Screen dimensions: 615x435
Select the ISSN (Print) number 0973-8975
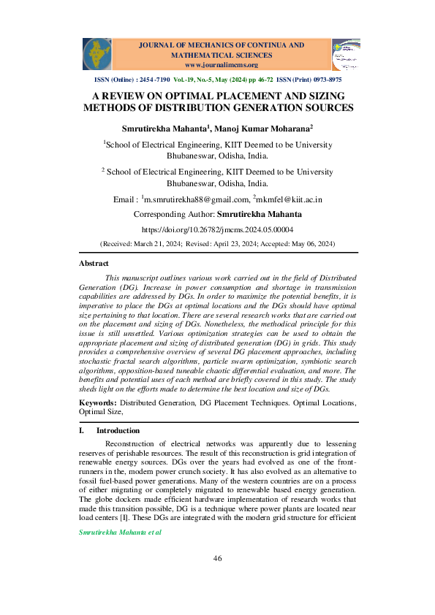pos(326,79)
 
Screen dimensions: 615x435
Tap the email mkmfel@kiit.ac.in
pos(290,199)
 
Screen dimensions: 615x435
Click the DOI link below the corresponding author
pos(217,229)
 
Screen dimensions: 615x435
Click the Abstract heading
pos(94,263)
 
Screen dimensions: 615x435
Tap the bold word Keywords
pos(97,402)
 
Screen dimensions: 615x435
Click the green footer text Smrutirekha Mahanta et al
pos(119,532)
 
